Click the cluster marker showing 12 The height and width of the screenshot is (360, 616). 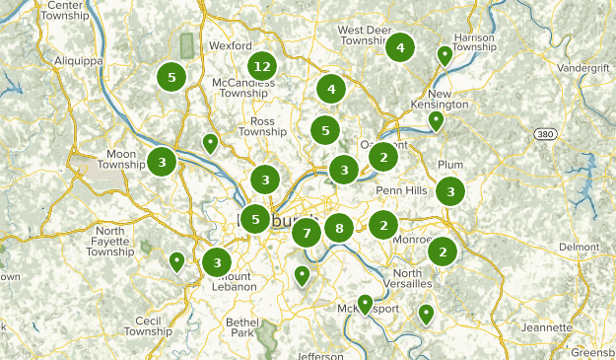tap(261, 66)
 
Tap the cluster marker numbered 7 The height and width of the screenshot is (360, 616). tap(307, 234)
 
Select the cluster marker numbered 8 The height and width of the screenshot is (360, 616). tap(339, 229)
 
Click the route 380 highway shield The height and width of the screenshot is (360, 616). tap(545, 133)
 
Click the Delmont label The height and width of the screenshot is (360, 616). tap(579, 247)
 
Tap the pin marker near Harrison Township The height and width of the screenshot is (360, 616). tap(445, 55)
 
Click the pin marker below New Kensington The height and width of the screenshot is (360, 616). tap(436, 120)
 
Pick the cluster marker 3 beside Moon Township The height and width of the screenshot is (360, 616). tap(162, 161)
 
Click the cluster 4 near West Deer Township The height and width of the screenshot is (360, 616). tap(400, 46)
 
